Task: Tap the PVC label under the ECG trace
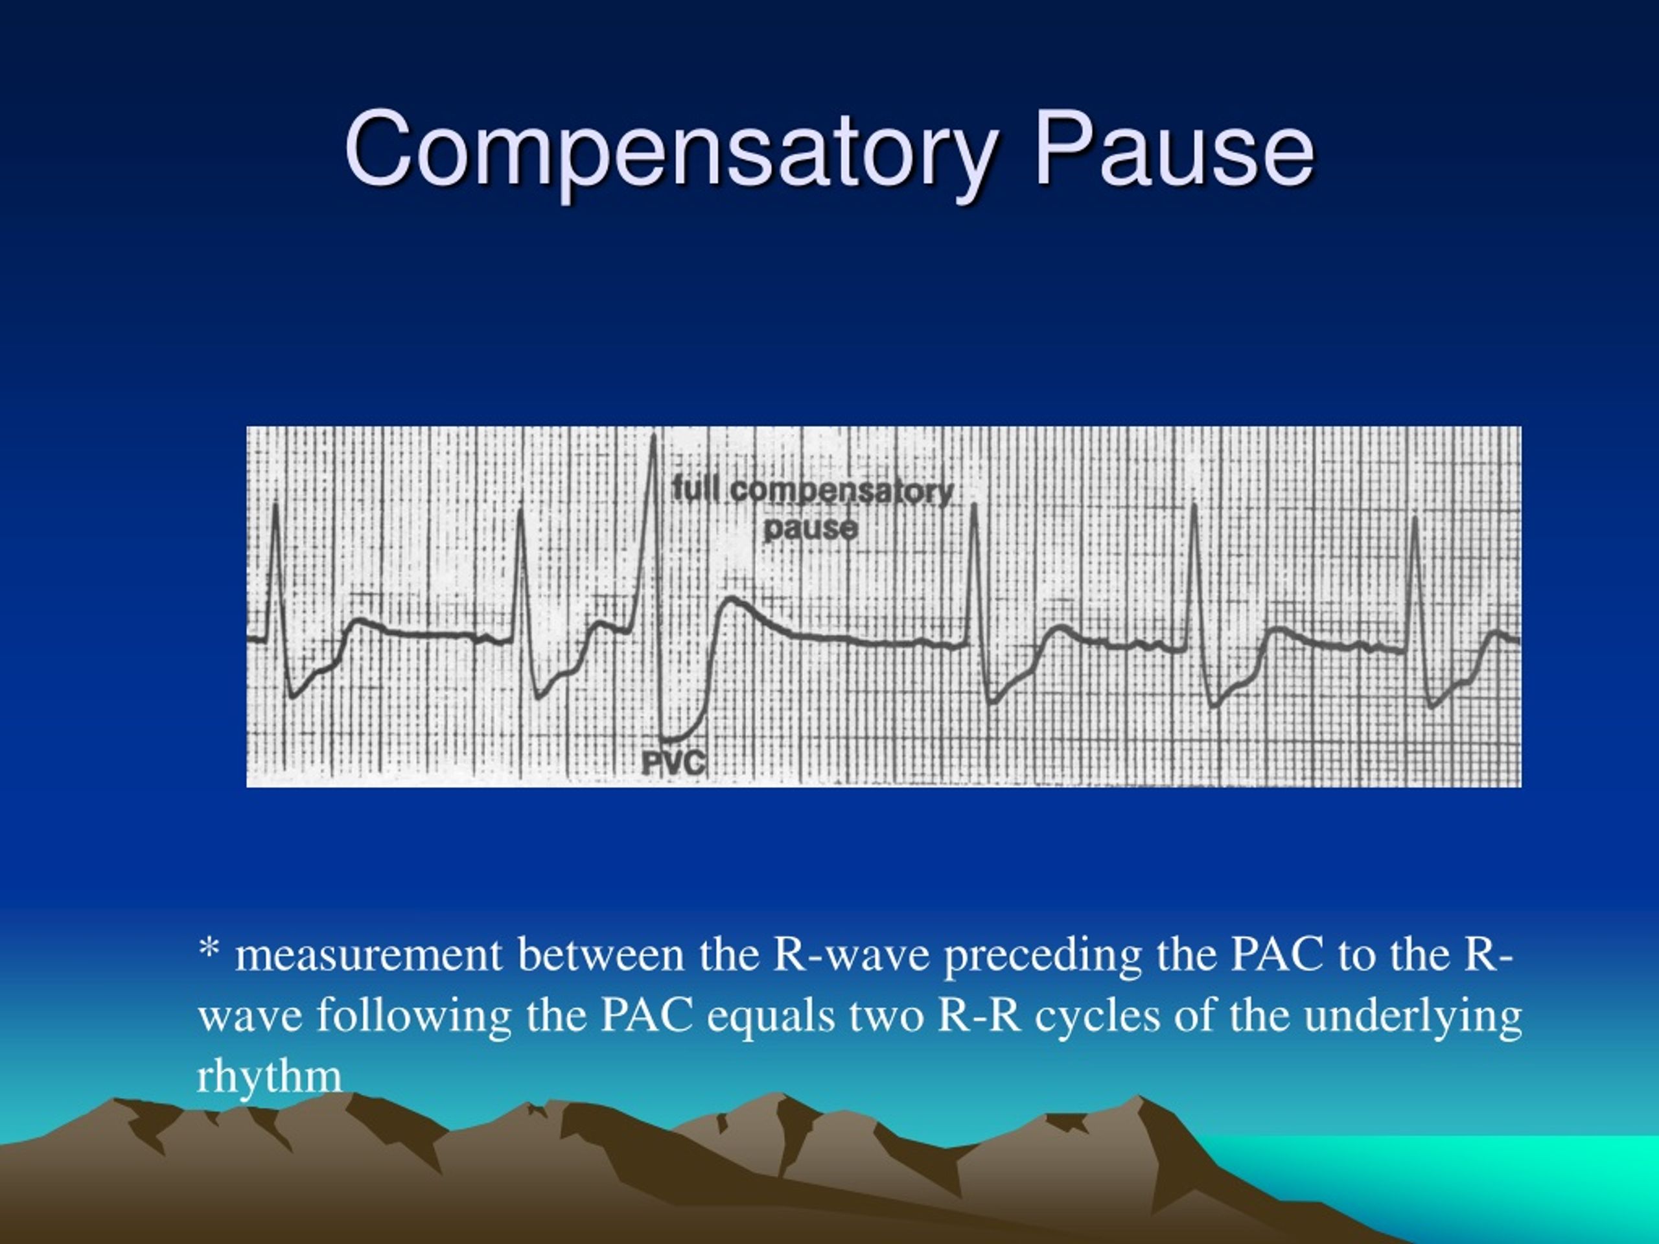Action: (673, 763)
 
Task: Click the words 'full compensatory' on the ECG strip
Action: (811, 491)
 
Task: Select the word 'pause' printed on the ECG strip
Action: (810, 528)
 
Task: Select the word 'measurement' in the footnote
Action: (368, 955)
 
